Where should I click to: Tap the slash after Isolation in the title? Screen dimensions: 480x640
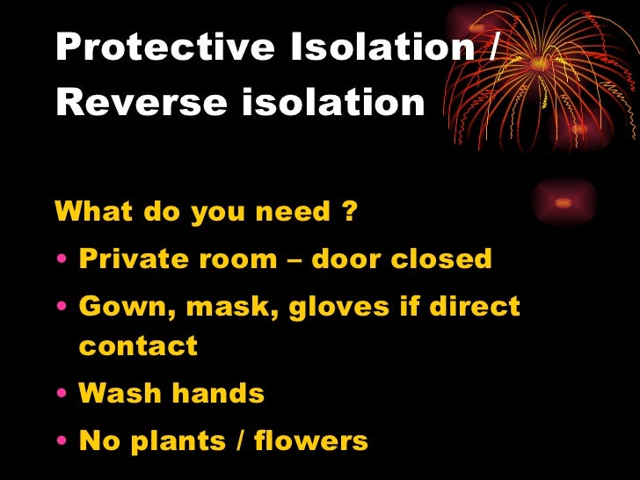pos(490,48)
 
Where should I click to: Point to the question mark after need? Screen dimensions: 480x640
pos(349,212)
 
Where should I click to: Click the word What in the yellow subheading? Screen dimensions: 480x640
pos(89,212)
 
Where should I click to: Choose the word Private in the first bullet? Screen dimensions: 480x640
pos(128,259)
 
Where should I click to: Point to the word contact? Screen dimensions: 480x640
pos(138,345)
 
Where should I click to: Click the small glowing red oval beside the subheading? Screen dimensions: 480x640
pos(564,202)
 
